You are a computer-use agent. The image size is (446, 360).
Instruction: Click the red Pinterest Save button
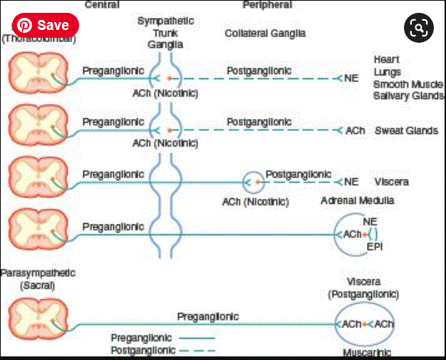pyautogui.click(x=45, y=25)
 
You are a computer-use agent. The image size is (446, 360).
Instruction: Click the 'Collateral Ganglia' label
pyautogui.click(x=265, y=34)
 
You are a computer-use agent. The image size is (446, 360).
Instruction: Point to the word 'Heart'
pyautogui.click(x=386, y=59)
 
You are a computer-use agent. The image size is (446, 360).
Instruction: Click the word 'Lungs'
pyautogui.click(x=387, y=72)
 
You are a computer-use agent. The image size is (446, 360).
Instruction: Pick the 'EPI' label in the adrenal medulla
pyautogui.click(x=375, y=247)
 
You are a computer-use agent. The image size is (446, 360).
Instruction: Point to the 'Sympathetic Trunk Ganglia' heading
pyautogui.click(x=165, y=32)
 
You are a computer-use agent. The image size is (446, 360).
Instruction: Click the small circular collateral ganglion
pyautogui.click(x=254, y=182)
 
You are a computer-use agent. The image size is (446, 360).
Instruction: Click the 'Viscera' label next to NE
pyautogui.click(x=390, y=182)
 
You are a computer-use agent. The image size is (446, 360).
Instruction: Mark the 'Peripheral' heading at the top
pyautogui.click(x=268, y=4)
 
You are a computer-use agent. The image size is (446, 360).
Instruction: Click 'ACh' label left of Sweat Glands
pyautogui.click(x=355, y=131)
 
